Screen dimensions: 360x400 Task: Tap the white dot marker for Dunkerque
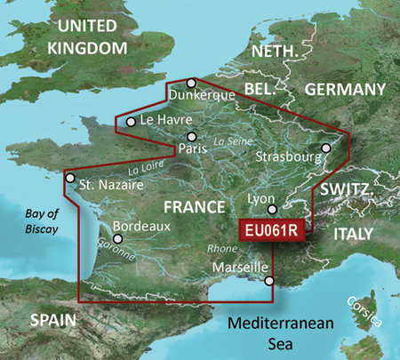[190, 83]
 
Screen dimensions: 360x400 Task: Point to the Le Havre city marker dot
[131, 122]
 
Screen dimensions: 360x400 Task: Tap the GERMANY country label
[346, 89]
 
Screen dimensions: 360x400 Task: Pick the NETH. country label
[274, 52]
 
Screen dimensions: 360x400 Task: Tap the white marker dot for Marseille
[268, 282]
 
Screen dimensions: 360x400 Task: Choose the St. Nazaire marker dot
[69, 178]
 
